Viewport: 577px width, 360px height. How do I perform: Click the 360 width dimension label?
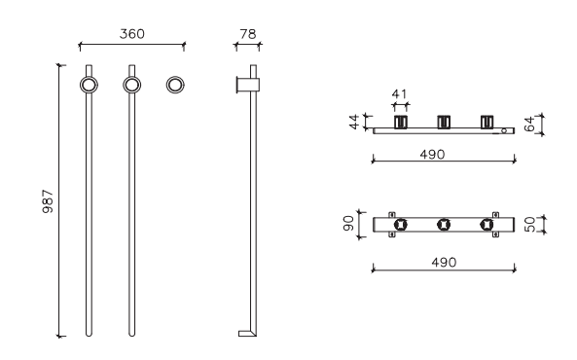[x=132, y=34]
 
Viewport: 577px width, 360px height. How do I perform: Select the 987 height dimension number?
[x=48, y=201]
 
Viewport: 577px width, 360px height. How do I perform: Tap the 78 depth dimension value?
[x=248, y=34]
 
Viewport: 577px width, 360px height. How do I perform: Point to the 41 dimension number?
[x=400, y=94]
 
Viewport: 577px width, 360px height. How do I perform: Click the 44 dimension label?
[x=354, y=122]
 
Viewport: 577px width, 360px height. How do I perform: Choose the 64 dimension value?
[x=530, y=124]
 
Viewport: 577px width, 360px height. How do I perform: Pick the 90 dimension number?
[x=348, y=224]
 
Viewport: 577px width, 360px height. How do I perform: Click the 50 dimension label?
[x=530, y=224]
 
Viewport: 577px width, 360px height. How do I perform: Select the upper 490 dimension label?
[x=432, y=155]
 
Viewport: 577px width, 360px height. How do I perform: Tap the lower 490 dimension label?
[x=444, y=263]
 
